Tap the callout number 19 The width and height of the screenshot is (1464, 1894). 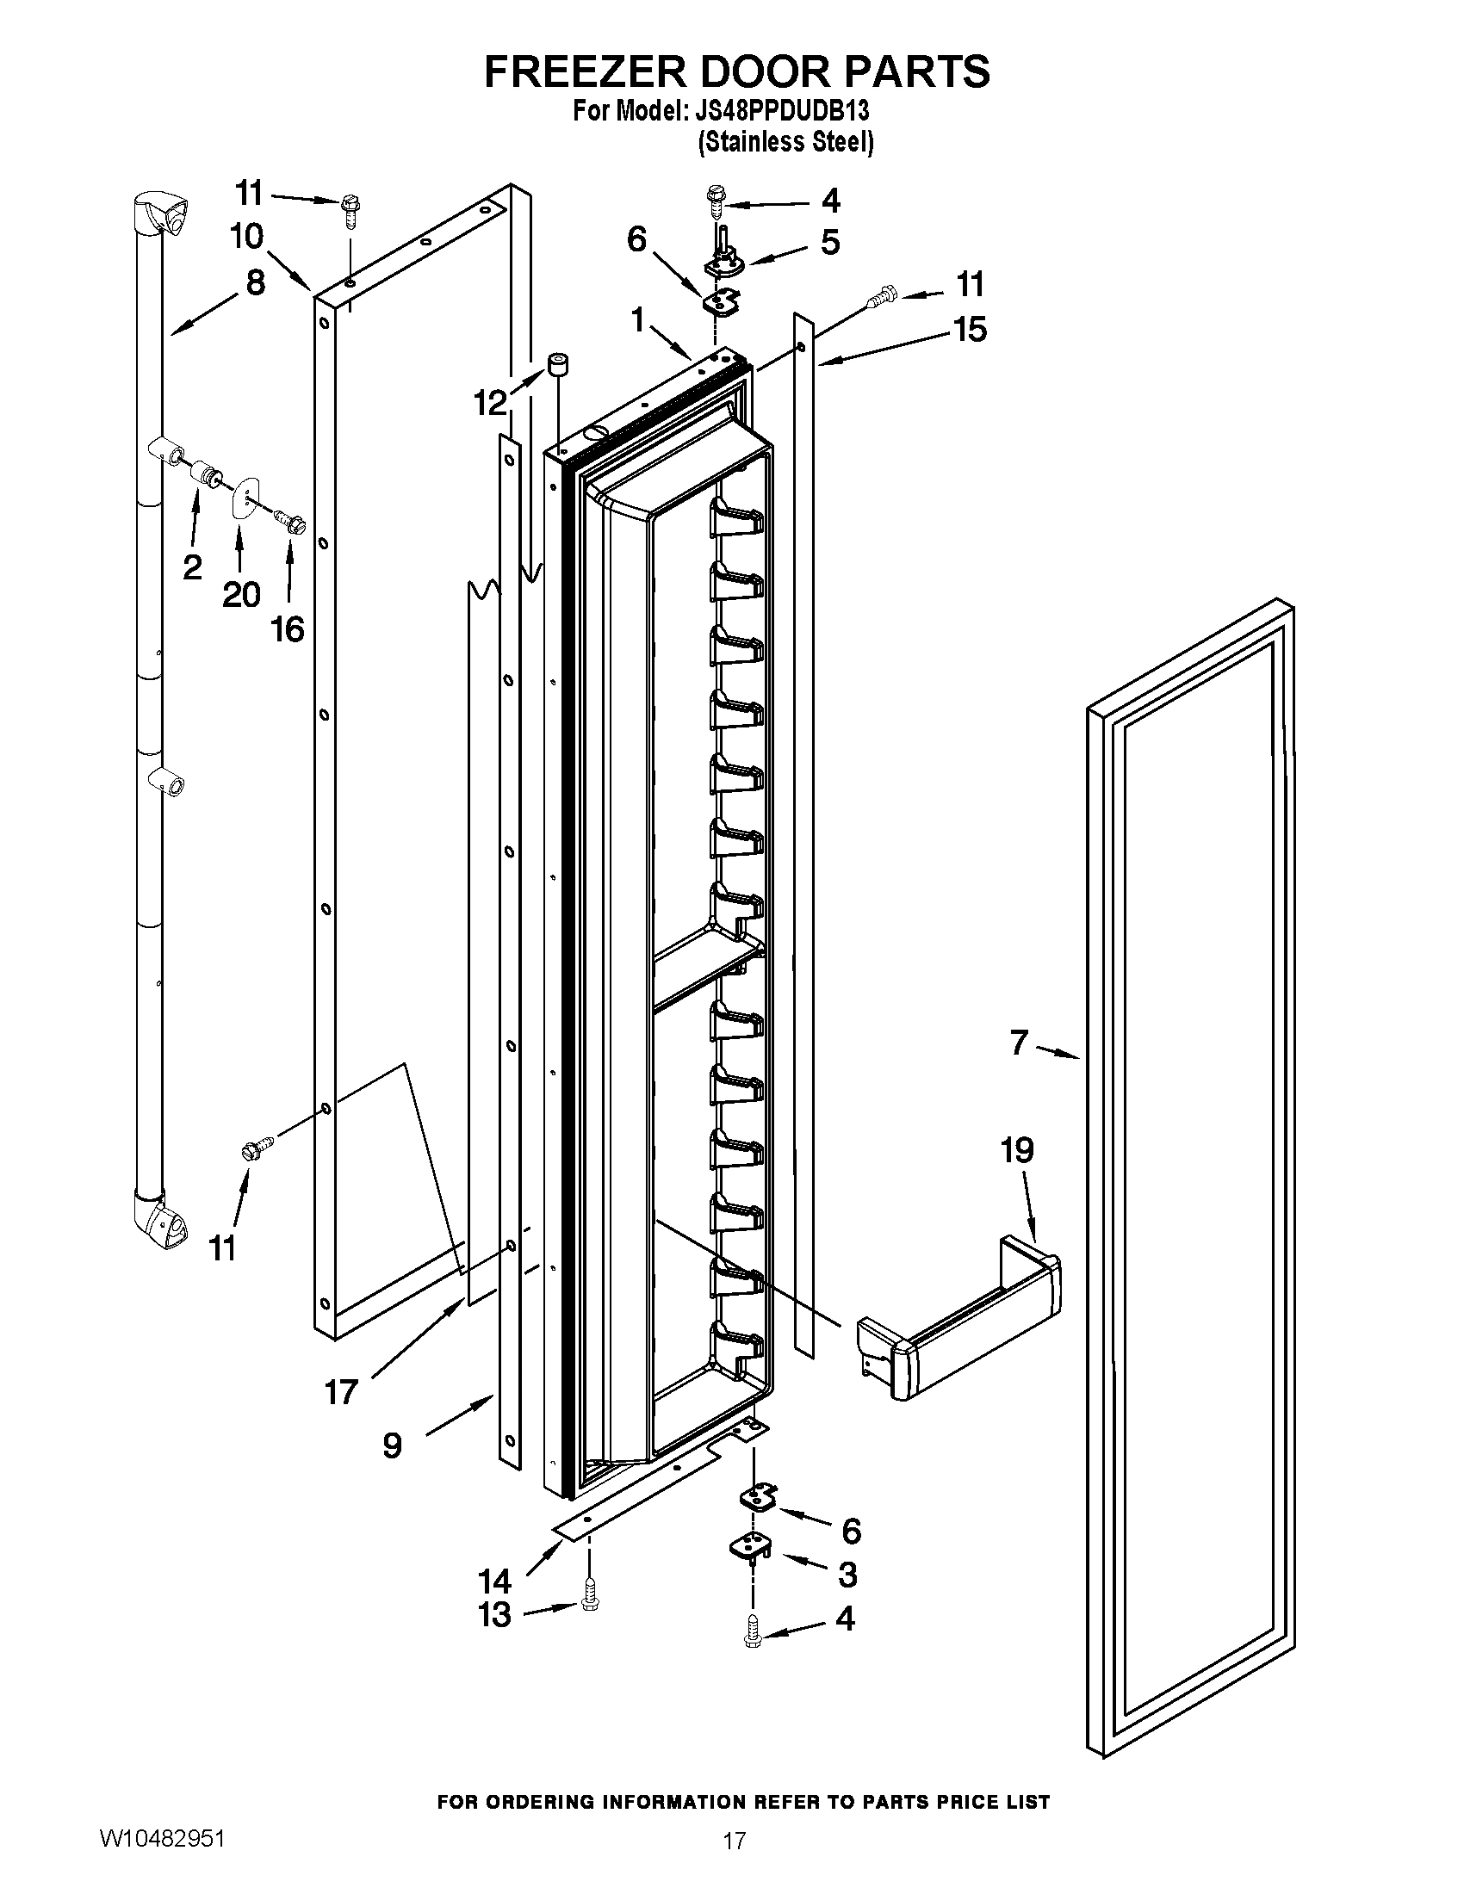pos(1016,1151)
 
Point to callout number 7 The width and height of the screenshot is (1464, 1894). pos(1019,1042)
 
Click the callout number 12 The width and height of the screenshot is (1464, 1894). pos(491,402)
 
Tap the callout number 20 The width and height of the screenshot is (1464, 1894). pos(241,595)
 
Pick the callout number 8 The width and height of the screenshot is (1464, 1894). pos(256,282)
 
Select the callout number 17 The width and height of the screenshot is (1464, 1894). pos(341,1393)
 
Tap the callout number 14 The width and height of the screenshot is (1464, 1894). pos(495,1581)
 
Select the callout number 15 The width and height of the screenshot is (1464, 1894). pos(970,330)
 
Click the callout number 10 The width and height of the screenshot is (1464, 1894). pos(247,236)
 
